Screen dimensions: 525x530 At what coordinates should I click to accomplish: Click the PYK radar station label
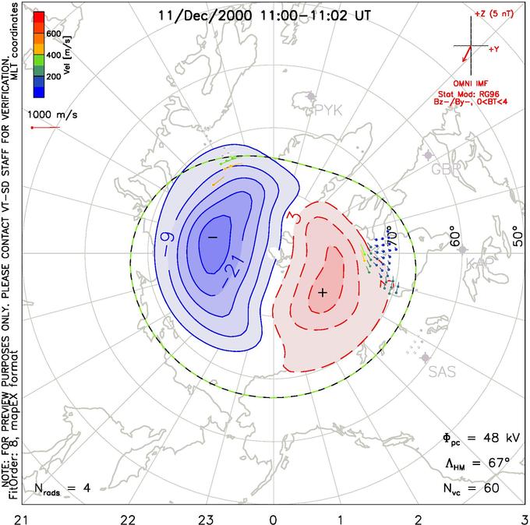[x=329, y=111]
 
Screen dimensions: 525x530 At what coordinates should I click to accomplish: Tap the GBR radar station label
[x=446, y=169]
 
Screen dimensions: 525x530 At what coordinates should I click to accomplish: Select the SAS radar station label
[x=442, y=372]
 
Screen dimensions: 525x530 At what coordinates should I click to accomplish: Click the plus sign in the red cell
[x=322, y=291]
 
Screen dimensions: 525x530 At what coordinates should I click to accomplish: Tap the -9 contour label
[x=167, y=231]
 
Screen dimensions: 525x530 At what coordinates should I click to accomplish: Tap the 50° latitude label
[x=516, y=234]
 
